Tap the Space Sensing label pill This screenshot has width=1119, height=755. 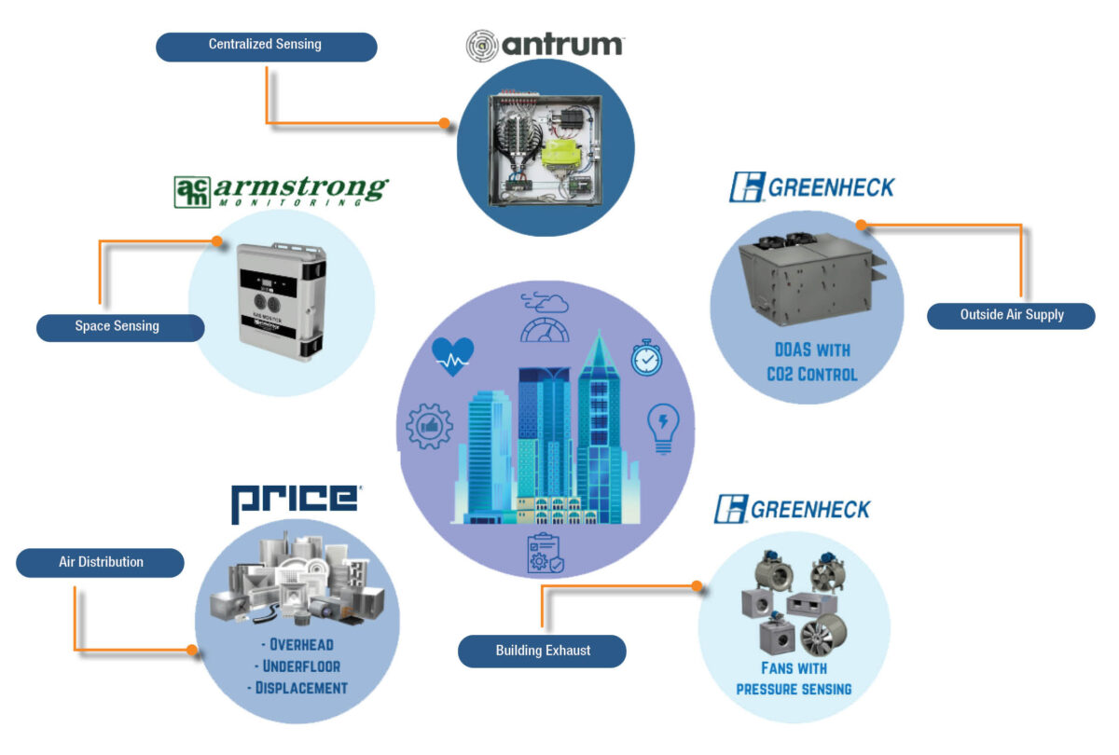[x=118, y=327]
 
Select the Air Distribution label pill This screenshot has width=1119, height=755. [x=101, y=563]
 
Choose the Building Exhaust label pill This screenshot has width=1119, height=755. [x=542, y=651]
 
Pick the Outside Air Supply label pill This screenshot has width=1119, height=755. [x=1011, y=315]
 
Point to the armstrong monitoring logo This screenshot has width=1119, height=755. [x=280, y=190]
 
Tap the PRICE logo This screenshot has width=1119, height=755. [x=295, y=503]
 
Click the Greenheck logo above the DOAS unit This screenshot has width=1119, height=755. [x=811, y=187]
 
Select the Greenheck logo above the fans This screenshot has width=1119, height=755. [x=793, y=509]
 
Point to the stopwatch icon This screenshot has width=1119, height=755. [x=647, y=358]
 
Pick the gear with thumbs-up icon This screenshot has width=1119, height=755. [x=430, y=427]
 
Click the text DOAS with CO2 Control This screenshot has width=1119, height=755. [x=808, y=364]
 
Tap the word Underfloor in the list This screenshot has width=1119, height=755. [x=300, y=666]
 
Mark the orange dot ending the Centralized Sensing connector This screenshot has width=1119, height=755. [x=444, y=123]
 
